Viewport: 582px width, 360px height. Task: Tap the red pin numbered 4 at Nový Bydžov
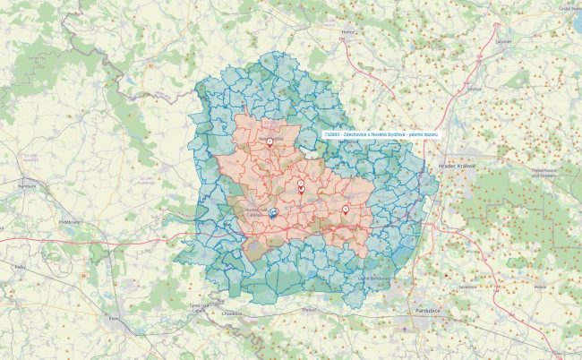coord(270,140)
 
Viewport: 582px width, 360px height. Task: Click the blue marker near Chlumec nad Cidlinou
coord(274,212)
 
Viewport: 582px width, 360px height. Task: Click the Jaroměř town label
coord(503,40)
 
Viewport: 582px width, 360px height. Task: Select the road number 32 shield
coord(151,64)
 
